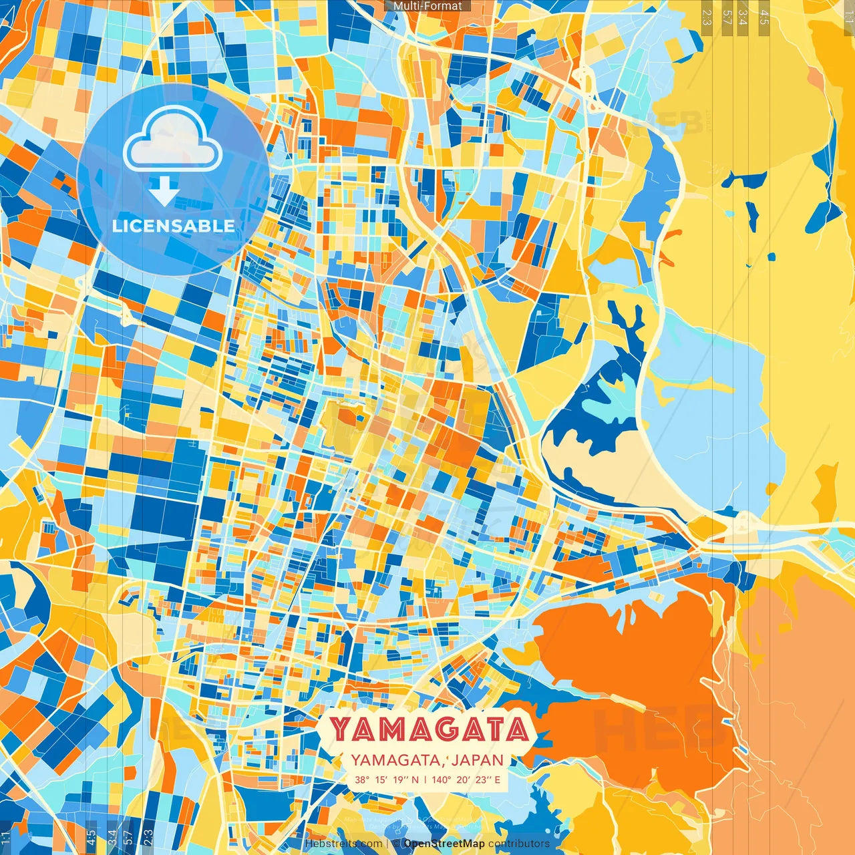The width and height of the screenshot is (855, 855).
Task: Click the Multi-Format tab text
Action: (x=427, y=6)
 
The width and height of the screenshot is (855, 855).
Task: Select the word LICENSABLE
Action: (x=174, y=226)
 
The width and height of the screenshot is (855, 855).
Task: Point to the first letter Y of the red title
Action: (x=340, y=730)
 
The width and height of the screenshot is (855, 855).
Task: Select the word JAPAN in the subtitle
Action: (x=478, y=760)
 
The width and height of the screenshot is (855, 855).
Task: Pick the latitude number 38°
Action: (x=362, y=780)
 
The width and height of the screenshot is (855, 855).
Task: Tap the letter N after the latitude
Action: (x=415, y=780)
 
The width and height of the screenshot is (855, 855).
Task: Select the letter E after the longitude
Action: (x=496, y=780)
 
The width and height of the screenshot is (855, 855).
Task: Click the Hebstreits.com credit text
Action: (x=343, y=844)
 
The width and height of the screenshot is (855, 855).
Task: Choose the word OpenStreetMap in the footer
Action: (x=444, y=844)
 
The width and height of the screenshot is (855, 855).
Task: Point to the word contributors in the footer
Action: (x=518, y=844)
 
